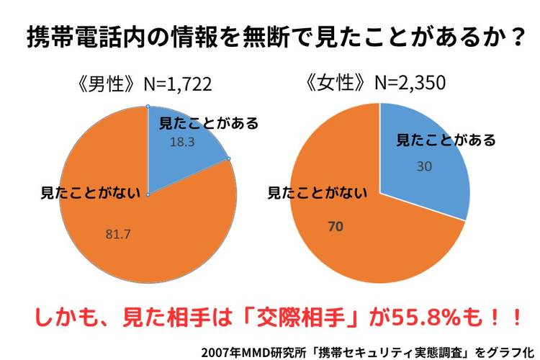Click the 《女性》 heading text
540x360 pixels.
click(338, 84)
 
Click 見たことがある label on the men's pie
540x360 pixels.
click(207, 124)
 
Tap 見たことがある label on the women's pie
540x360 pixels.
click(446, 140)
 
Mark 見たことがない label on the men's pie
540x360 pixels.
click(79, 193)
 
